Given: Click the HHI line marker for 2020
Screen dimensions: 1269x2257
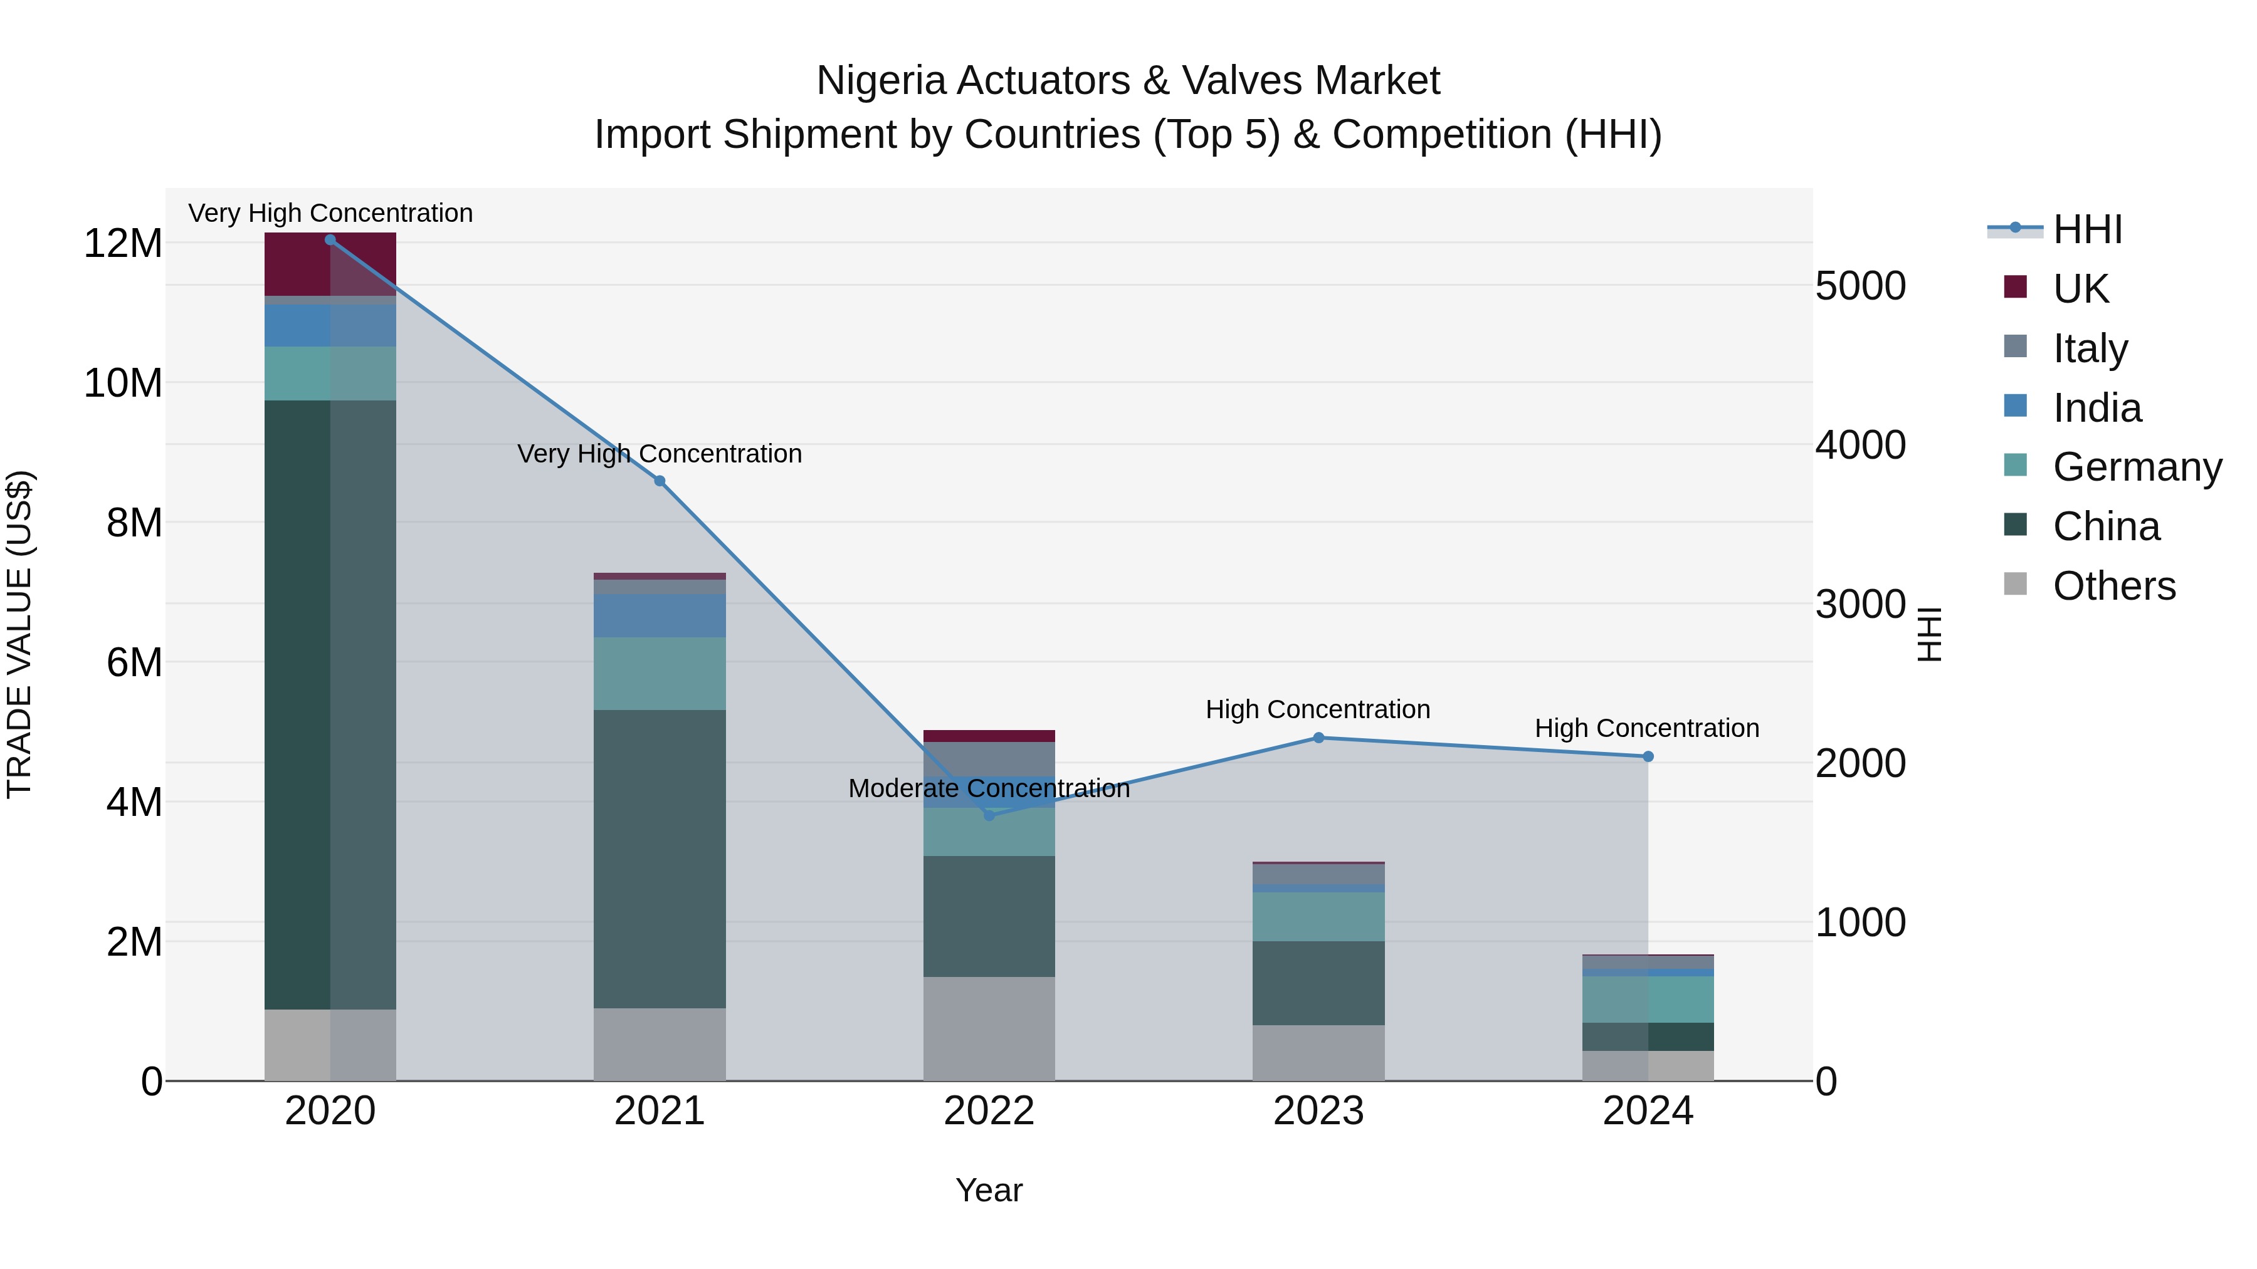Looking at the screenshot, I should coord(330,240).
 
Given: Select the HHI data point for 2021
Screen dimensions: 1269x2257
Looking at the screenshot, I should coord(660,481).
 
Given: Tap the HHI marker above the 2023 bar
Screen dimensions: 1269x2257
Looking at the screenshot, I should coord(1318,738).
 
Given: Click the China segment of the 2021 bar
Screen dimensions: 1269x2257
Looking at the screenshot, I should coord(660,859).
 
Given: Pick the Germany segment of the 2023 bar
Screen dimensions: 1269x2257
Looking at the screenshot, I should coord(1318,916).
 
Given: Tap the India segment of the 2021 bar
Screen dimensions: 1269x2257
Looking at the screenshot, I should coord(660,615).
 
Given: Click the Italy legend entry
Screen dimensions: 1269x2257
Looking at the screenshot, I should coord(2090,348).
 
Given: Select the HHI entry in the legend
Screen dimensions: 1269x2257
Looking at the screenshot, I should coord(2087,229).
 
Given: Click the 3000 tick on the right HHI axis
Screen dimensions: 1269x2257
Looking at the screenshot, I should coord(1860,604).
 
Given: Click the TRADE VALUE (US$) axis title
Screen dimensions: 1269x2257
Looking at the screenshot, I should coord(19,634).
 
